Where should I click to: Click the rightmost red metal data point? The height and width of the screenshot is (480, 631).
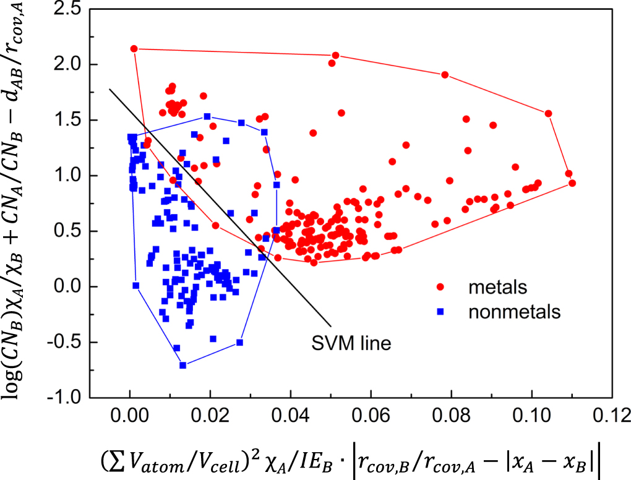[x=572, y=183]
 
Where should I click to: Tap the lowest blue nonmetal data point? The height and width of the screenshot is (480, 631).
[x=183, y=365]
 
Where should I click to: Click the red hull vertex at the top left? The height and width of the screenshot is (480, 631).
[x=134, y=48]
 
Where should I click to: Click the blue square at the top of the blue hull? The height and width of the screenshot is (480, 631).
[x=207, y=116]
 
